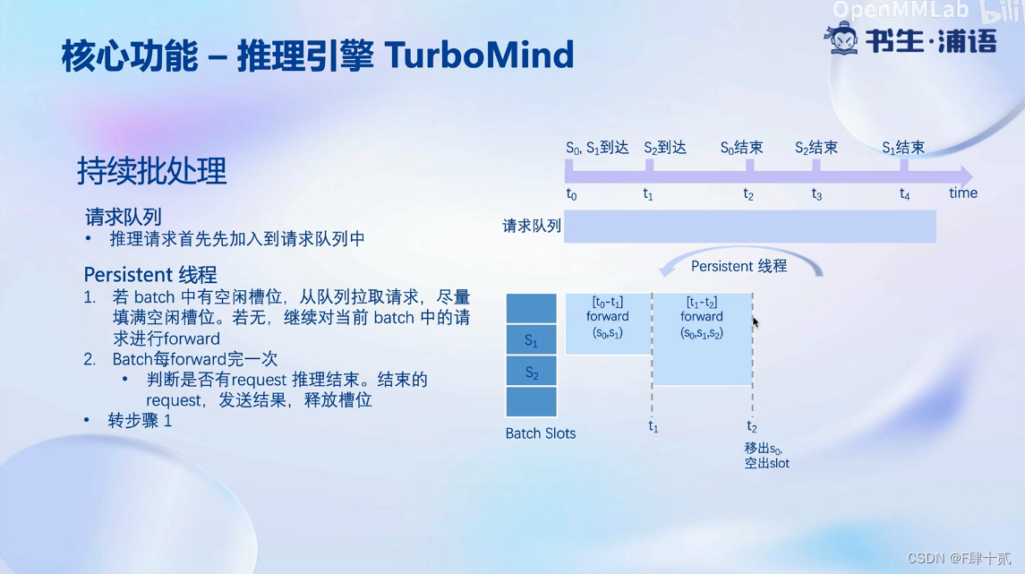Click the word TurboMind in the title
(x=479, y=55)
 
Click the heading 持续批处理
(x=151, y=171)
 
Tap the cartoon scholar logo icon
(x=841, y=38)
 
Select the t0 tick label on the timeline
(x=571, y=194)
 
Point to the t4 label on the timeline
(x=905, y=194)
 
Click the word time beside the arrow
(x=963, y=193)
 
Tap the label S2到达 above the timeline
(x=665, y=149)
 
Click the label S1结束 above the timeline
(x=902, y=149)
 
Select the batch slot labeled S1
(x=532, y=340)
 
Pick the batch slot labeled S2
(x=532, y=372)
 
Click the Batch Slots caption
(x=541, y=433)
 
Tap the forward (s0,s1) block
(x=608, y=323)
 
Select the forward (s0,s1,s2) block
(x=702, y=339)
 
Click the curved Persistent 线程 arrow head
(x=666, y=269)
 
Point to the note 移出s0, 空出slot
(x=767, y=456)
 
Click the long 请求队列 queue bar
(x=750, y=227)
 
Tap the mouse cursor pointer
(x=755, y=321)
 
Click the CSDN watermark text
(x=959, y=558)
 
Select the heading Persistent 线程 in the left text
(x=150, y=275)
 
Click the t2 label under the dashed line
(x=752, y=427)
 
